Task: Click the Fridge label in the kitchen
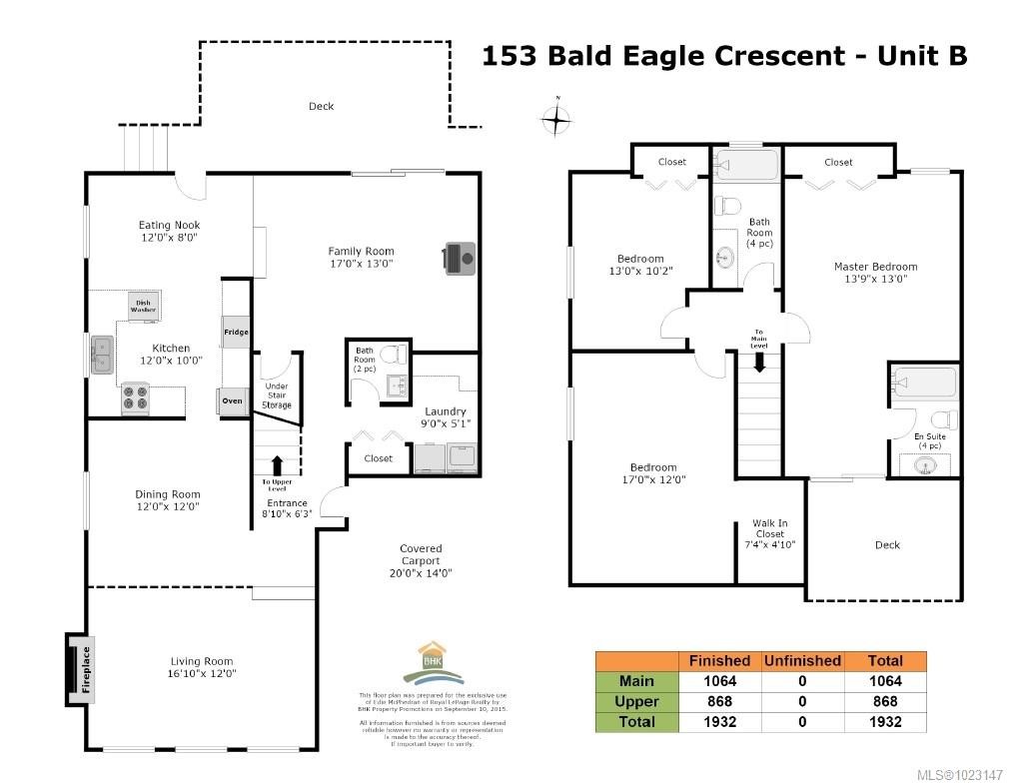[235, 332]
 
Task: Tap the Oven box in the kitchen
[232, 400]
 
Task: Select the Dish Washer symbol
[143, 305]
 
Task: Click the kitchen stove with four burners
[135, 398]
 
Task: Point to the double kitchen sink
[101, 355]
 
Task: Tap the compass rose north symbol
[556, 120]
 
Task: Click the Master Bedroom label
[875, 272]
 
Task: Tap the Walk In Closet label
[769, 534]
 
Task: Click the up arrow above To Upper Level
[277, 464]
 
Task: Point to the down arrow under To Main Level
[759, 362]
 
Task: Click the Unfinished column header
[801, 660]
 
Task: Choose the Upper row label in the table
[636, 701]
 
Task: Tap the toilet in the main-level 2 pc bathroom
[397, 355]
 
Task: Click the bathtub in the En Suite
[923, 383]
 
